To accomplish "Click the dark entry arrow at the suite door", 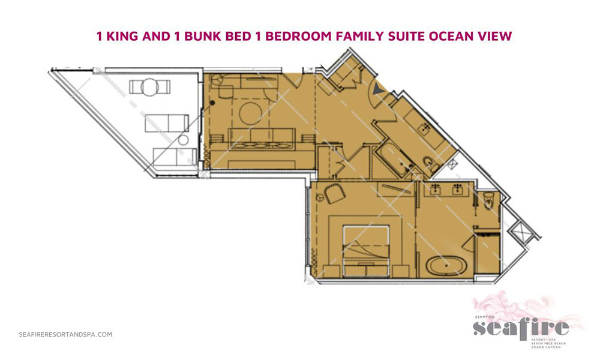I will (377, 91).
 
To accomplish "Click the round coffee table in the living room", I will (251, 112).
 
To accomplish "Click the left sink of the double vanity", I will (437, 191).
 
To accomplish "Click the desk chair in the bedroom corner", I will (332, 194).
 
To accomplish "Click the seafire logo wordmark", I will (520, 328).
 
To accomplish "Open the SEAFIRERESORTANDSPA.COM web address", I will (65, 335).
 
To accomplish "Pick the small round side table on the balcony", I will (184, 140).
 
